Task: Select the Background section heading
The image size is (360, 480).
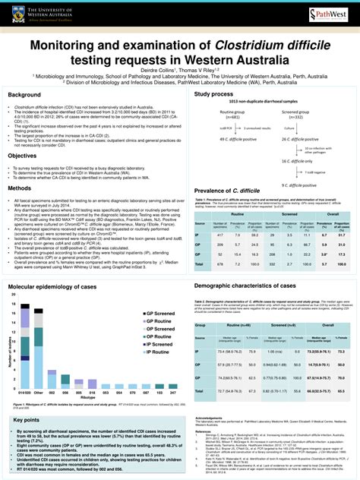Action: [24, 95]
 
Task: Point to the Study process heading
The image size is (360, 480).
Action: [213, 94]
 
